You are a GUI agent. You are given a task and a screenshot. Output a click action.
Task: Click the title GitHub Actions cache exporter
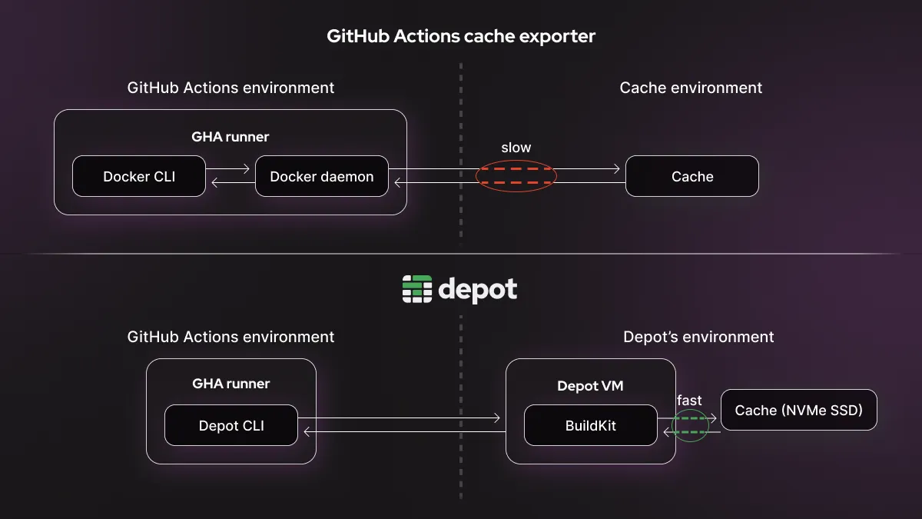coord(461,36)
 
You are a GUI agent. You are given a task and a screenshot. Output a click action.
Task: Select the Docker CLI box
coord(139,176)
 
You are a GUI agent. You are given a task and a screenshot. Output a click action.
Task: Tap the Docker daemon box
coord(322,176)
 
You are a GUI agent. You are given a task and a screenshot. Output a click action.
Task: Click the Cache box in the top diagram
coord(692,176)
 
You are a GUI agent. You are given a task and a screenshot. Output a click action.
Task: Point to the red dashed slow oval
coord(516,176)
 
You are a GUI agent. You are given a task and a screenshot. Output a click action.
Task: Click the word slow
coord(516,148)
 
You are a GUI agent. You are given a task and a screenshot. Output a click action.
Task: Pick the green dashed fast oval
coord(690,425)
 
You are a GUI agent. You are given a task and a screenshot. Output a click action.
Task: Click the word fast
coord(689,401)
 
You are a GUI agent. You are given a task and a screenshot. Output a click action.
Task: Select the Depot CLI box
coord(231,425)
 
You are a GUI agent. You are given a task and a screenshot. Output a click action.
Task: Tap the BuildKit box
coord(591,425)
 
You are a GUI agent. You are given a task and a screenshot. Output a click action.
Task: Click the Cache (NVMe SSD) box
coord(798,410)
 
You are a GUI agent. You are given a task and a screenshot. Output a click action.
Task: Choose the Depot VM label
coord(590,386)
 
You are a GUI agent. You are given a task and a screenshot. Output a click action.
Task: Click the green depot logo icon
coord(417,289)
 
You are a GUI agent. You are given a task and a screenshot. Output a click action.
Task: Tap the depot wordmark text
coord(477,290)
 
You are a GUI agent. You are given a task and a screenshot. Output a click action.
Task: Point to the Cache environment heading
coord(691,88)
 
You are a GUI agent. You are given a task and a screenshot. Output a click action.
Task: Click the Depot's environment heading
coord(698,337)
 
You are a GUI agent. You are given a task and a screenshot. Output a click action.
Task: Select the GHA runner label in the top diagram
coord(230,137)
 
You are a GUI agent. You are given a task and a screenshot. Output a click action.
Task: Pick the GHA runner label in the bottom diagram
coord(230,383)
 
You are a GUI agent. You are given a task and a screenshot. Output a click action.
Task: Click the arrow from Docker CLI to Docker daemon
coord(230,168)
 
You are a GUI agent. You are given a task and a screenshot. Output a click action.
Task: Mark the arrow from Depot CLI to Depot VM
coord(400,418)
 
